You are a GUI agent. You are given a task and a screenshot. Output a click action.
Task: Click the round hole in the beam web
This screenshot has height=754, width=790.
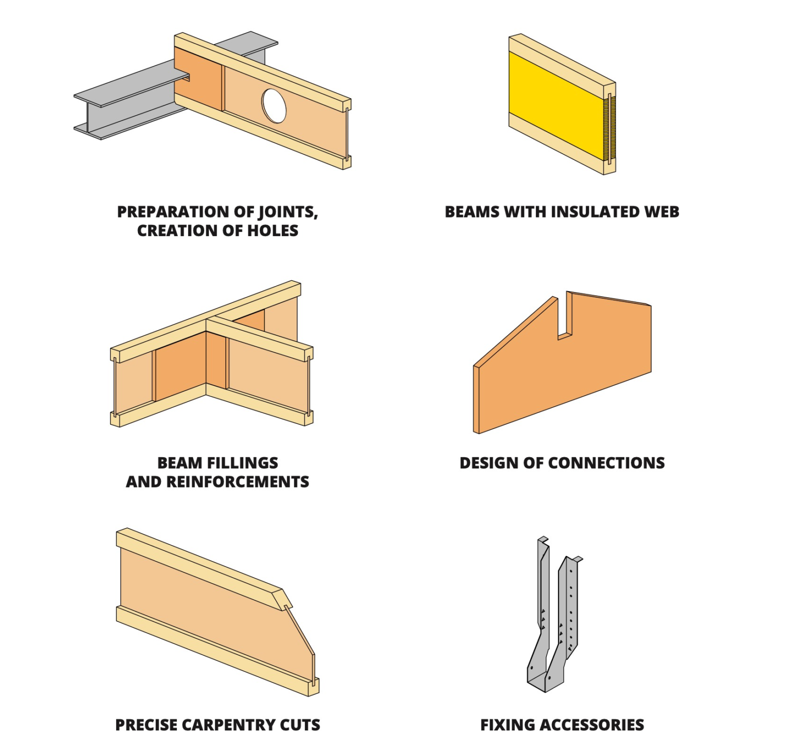point(274,106)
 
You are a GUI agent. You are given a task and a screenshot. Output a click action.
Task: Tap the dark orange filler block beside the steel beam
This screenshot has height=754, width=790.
point(198,80)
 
